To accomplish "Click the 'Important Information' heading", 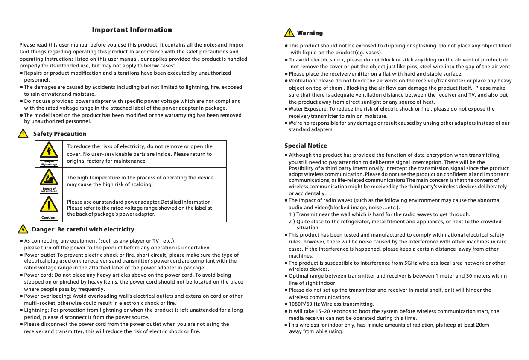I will pyautogui.click(x=132, y=30).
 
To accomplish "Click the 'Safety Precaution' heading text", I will pyautogui.click(x=60, y=134).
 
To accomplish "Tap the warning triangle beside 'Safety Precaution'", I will pyautogui.click(x=23, y=134).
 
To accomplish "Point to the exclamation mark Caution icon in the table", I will pyautogui.click(x=49, y=205).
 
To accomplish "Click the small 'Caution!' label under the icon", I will pyautogui.click(x=49, y=217).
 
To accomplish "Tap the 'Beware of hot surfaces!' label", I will pyautogui.click(x=49, y=190).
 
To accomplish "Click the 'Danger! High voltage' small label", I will pyautogui.click(x=49, y=163).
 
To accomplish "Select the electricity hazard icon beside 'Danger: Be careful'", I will pyautogui.click(x=23, y=229).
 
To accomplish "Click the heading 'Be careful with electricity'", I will pyautogui.click(x=96, y=230).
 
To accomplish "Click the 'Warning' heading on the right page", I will pyautogui.click(x=310, y=33).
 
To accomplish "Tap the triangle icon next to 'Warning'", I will pyautogui.click(x=289, y=33).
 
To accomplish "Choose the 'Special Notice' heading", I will pyautogui.click(x=306, y=146).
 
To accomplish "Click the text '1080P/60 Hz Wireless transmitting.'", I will pyautogui.click(x=331, y=304).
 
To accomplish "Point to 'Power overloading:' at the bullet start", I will pyautogui.click(x=47, y=296).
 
